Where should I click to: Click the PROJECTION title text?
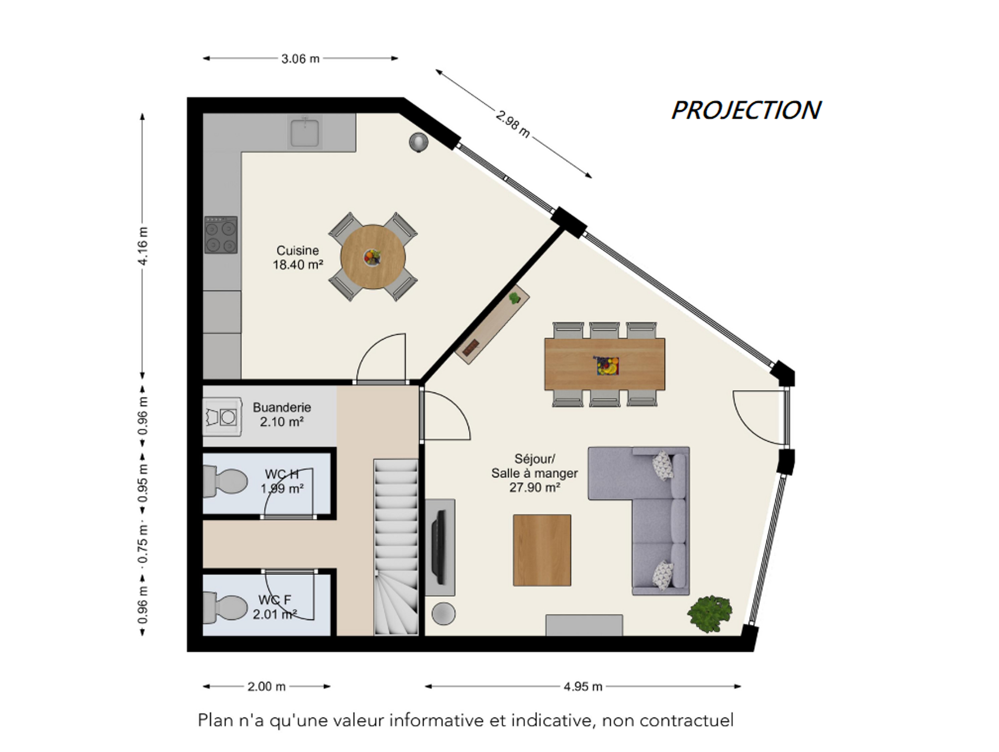click(746, 110)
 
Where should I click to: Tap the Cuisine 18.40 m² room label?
click(298, 257)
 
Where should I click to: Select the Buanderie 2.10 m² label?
click(282, 414)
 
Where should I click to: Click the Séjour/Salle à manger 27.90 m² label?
click(534, 473)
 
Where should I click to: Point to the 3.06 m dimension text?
click(300, 58)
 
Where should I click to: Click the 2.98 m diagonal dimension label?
click(513, 124)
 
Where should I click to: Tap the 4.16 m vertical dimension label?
click(142, 246)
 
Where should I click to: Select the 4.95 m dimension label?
click(583, 686)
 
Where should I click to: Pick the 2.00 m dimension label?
click(266, 686)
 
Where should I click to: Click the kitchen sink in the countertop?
click(305, 132)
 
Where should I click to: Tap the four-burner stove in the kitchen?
click(221, 235)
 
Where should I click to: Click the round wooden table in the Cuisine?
click(373, 256)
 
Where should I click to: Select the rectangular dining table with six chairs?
click(604, 364)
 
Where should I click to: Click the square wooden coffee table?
click(542, 550)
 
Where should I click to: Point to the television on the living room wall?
click(438, 547)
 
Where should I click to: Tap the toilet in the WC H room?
click(225, 481)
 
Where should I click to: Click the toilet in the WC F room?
click(225, 607)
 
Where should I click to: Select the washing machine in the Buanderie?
click(223, 417)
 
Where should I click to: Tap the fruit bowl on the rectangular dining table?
click(608, 366)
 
